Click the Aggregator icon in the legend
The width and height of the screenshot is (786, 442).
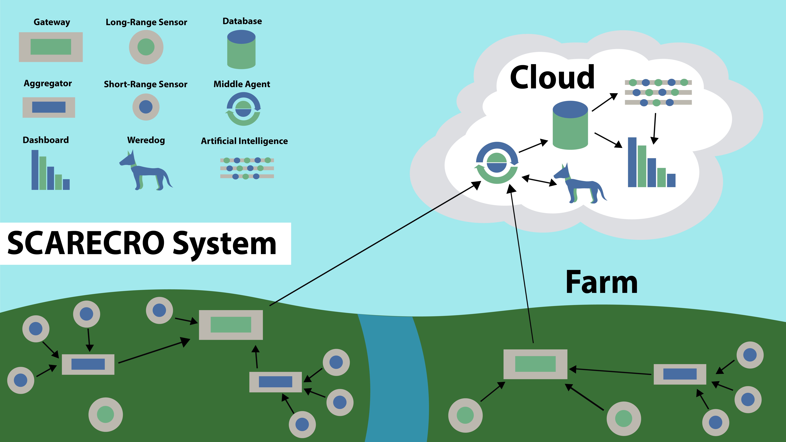pos(49,107)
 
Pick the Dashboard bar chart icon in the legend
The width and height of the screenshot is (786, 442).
pos(50,170)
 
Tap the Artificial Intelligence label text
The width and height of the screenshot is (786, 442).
pos(244,141)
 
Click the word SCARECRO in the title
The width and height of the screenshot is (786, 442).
pos(85,243)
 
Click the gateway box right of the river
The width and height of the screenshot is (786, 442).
pos(535,364)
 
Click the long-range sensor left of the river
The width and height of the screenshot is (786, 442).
pos(106,414)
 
